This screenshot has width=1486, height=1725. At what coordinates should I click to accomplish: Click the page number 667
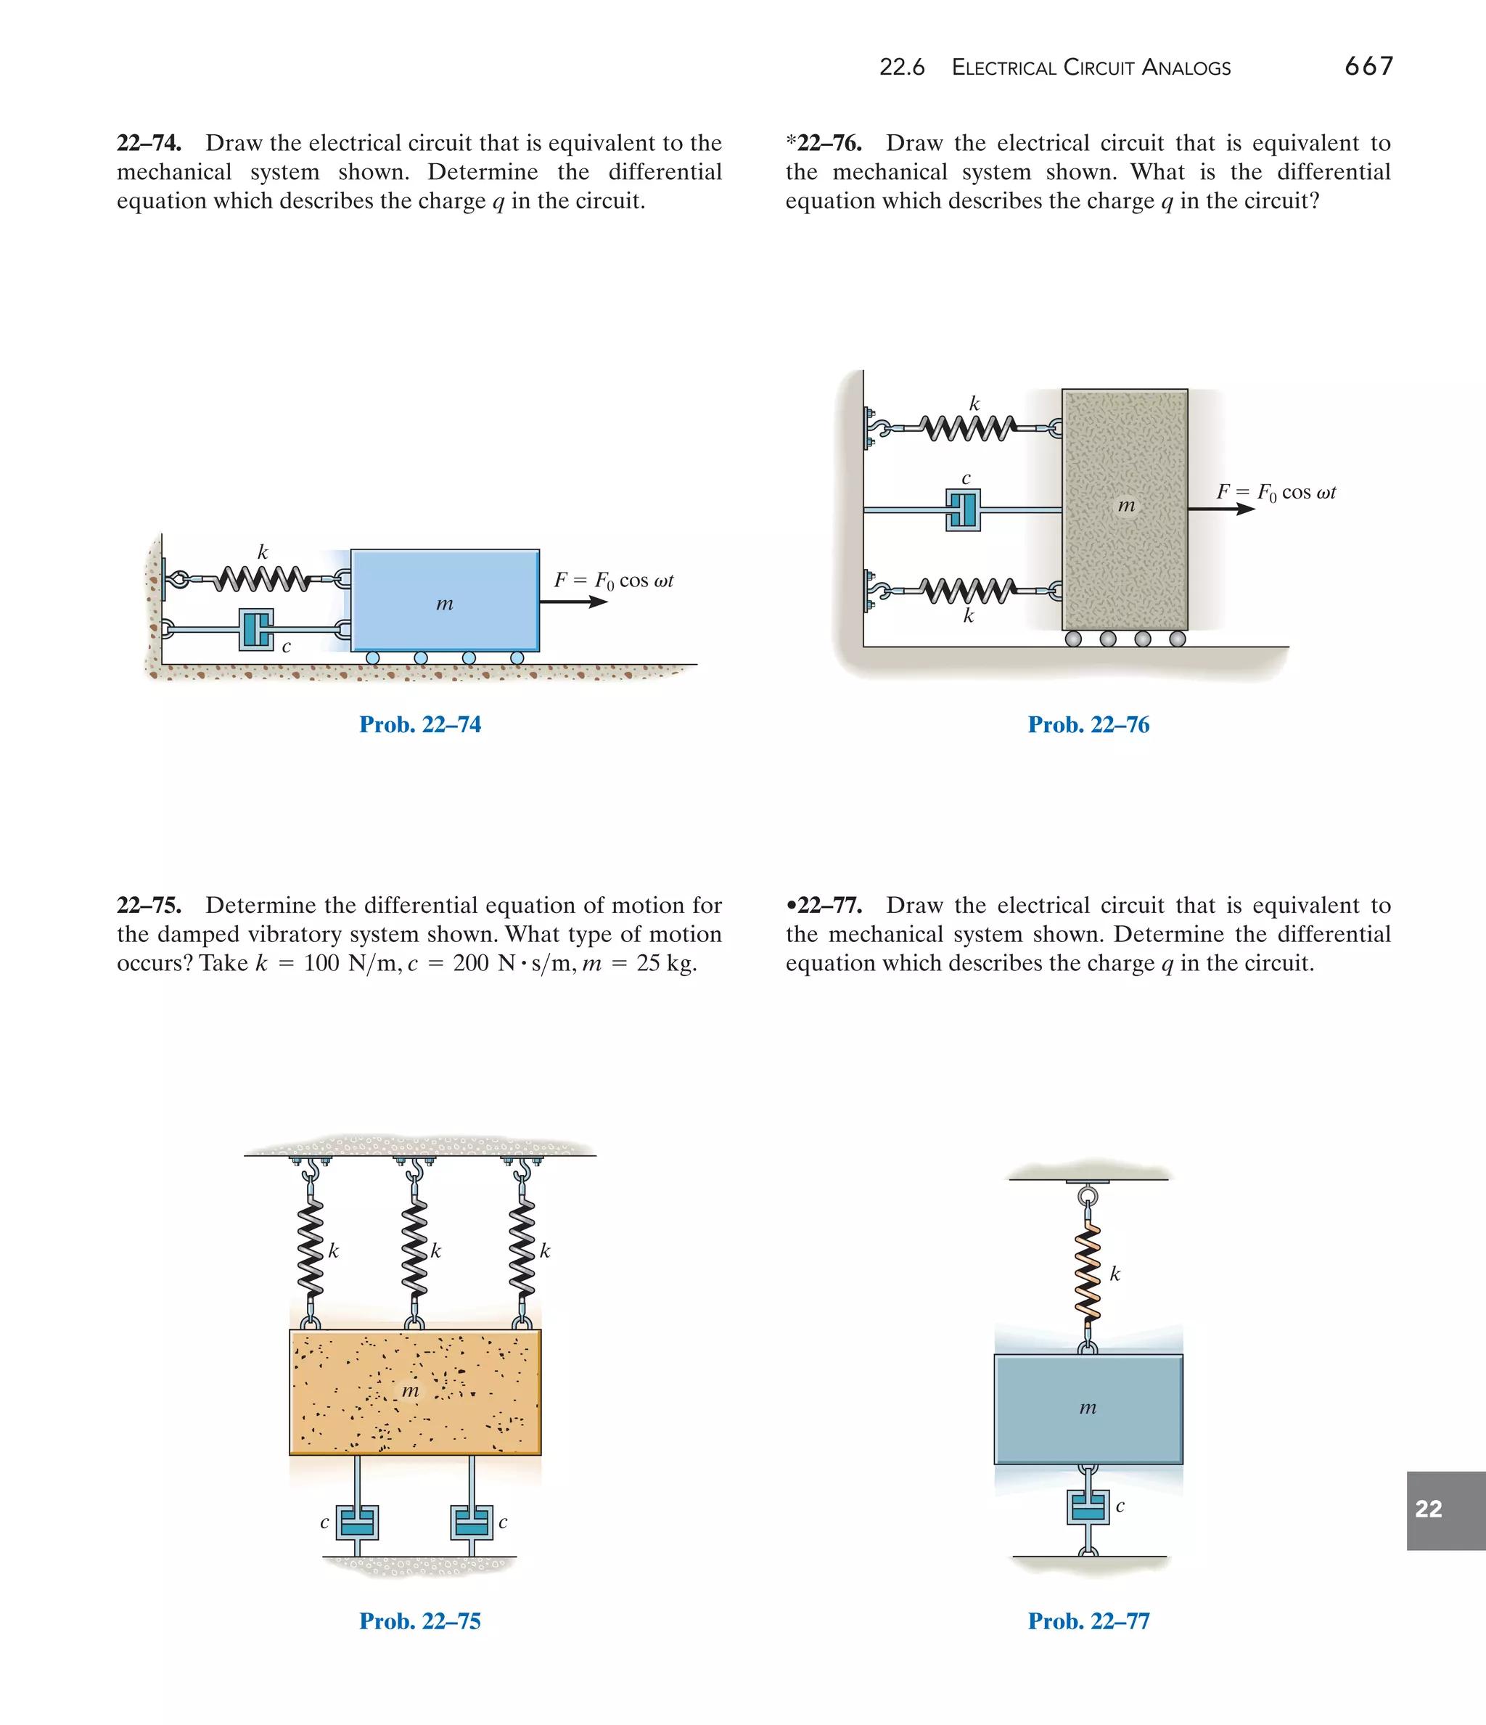1368,66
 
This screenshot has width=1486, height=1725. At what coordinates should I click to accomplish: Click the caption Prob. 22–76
1088,724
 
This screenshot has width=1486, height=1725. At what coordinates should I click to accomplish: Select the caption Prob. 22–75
419,1621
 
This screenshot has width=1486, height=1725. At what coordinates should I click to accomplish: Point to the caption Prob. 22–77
1088,1621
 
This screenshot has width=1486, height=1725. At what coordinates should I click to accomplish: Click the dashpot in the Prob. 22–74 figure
256,630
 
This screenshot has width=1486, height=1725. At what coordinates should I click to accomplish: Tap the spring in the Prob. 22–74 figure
260,577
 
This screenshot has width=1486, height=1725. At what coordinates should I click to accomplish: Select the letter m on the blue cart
445,604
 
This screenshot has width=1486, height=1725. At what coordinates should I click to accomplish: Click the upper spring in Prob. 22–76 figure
970,428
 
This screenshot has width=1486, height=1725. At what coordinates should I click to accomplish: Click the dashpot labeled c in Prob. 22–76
963,509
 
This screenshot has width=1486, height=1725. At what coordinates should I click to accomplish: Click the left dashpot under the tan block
357,1522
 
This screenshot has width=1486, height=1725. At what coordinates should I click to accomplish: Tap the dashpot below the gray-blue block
1087,1507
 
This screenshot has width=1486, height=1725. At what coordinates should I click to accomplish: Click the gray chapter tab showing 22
1445,1510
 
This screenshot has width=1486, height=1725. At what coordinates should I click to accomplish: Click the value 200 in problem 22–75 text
470,963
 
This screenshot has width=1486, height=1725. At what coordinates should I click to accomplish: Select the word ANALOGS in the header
1186,67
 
